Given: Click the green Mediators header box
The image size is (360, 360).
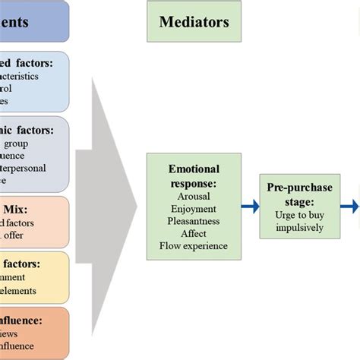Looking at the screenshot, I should pos(194,21).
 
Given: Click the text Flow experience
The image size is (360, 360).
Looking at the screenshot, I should pos(194,246).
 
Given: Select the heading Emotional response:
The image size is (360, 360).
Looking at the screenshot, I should pos(194,175).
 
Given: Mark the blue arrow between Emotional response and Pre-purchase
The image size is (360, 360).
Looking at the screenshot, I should pos(251,205).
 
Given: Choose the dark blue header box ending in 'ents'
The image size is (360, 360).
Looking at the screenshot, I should pos(34,21).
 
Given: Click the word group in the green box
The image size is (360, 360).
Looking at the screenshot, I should pos(16,143).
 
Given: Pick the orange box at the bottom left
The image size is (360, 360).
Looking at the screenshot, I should pos(34,332).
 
